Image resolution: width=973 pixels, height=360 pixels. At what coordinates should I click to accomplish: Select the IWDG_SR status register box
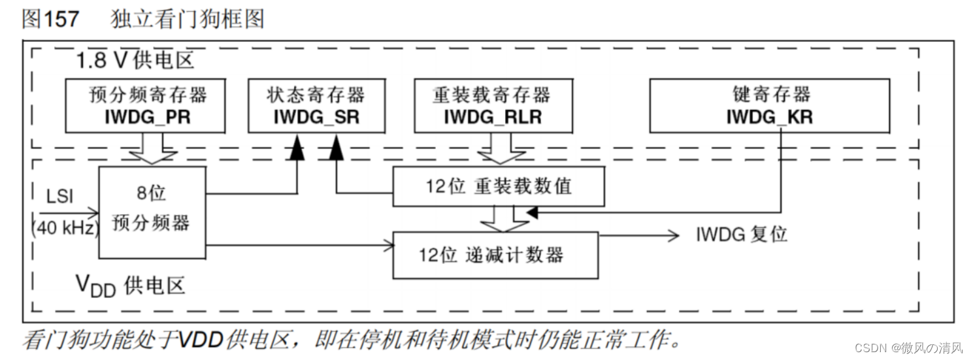coord(316,105)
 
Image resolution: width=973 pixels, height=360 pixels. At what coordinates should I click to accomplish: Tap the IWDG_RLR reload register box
coord(491,105)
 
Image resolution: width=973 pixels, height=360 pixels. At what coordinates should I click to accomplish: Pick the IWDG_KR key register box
coord(769,105)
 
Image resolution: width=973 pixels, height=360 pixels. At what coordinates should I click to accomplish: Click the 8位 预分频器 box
coord(152,212)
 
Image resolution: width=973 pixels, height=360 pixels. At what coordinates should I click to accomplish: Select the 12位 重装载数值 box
coord(498,186)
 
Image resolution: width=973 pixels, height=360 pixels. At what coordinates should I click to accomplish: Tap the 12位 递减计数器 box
coord(495,255)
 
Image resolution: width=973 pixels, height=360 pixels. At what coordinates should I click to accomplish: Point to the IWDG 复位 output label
coord(742,234)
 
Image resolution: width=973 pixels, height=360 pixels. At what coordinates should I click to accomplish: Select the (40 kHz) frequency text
coord(63,228)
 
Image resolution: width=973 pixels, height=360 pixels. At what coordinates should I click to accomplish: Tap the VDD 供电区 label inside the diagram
coord(131,286)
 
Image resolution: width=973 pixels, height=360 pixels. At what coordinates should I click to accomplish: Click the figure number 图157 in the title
coord(50,18)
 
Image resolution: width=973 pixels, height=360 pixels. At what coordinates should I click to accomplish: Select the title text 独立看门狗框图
coord(187,18)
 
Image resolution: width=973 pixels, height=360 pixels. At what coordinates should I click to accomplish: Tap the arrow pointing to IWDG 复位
coord(640,235)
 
